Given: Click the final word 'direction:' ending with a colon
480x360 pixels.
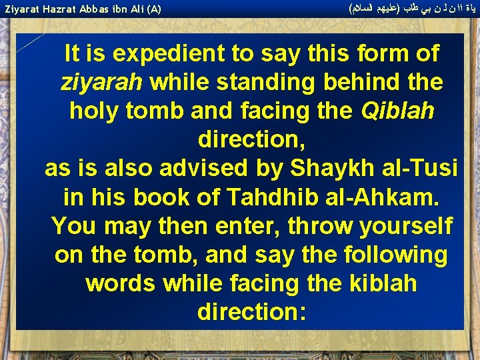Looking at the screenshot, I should pyautogui.click(x=252, y=313).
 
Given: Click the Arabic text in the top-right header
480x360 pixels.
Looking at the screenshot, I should pyautogui.click(x=413, y=9).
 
